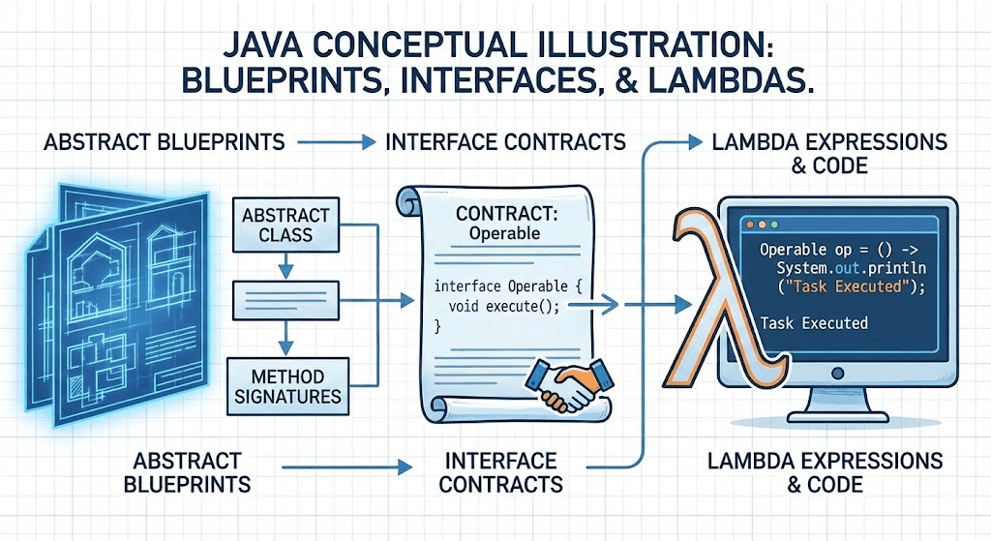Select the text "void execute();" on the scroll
coord(504,306)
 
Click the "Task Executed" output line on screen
coord(814,323)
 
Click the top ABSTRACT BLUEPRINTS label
coord(165,143)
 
